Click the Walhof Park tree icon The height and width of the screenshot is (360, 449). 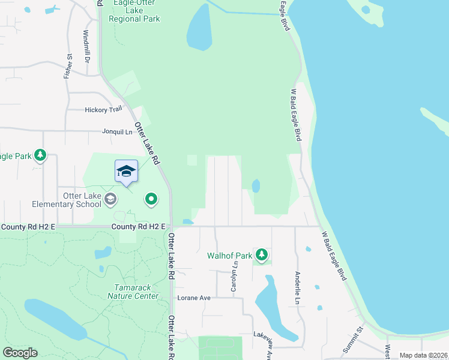tap(262, 255)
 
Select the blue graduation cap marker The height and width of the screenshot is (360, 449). tap(126, 171)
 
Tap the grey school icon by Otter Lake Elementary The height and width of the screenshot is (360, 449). tap(110, 199)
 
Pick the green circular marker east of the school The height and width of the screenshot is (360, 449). tap(151, 199)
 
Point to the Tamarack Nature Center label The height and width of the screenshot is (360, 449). tap(133, 292)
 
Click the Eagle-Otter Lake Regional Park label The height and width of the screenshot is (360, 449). tap(134, 11)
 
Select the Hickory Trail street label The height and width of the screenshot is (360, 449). tap(103, 110)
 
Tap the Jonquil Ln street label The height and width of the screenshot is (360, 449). tap(116, 131)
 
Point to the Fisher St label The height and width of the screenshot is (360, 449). tap(68, 66)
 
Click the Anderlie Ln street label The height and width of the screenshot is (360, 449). tap(297, 287)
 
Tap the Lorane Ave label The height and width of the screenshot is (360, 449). tap(194, 298)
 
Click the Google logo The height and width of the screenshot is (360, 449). tap(20, 353)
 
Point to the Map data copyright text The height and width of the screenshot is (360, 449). tap(423, 355)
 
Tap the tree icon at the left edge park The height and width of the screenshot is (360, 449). tap(40, 156)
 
